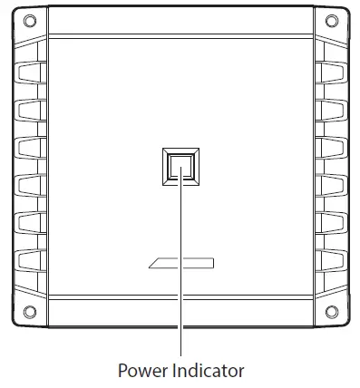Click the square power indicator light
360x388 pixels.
coord(181,167)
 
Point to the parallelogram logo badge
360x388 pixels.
coord(181,264)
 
